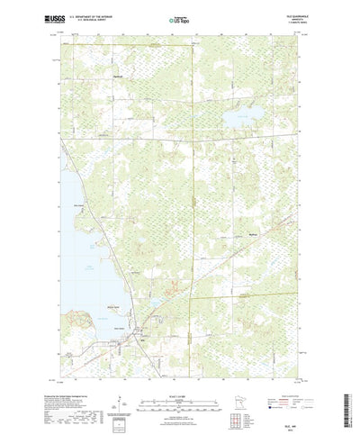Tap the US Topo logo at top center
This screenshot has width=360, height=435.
click(x=179, y=17)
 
